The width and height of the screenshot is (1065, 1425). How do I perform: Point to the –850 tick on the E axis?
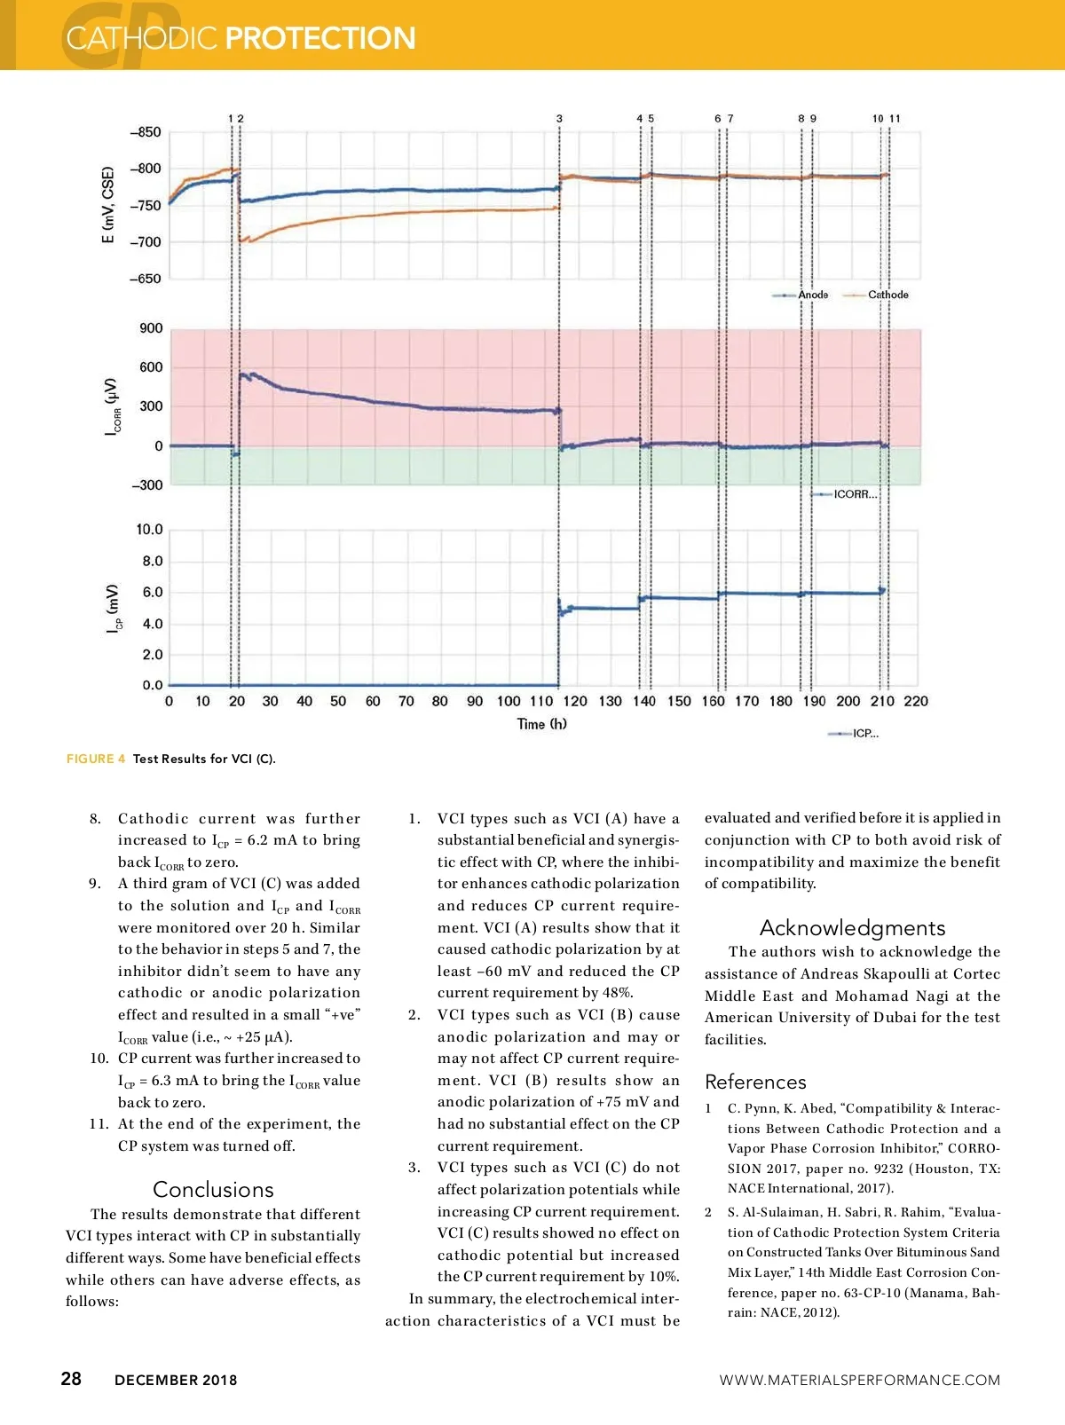coord(146,132)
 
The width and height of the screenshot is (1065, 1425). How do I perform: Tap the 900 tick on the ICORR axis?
coord(151,328)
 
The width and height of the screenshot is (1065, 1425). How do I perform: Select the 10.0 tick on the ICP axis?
coord(149,530)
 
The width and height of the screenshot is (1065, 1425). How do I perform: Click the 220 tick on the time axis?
coord(916,701)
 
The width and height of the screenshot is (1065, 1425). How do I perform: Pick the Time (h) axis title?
coord(542,724)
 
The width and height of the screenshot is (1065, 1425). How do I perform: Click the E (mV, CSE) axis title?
coord(107,205)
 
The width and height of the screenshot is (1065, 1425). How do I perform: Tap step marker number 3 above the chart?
coord(559,119)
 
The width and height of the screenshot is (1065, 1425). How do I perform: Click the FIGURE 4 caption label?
coord(96,759)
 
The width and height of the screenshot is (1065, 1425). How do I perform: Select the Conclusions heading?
coord(213,1189)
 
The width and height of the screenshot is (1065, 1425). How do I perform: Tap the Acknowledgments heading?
coord(852,927)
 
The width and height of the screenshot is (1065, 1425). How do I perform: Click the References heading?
coord(755,1082)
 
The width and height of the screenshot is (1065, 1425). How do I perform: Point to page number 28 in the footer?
coord(71,1379)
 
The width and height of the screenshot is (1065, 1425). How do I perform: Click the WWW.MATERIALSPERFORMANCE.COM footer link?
coord(859,1380)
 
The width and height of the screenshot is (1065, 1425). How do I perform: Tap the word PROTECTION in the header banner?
coord(320,38)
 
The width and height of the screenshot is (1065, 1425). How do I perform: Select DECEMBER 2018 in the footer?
coord(176,1380)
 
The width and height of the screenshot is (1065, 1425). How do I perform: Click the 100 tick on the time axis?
coord(509,701)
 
